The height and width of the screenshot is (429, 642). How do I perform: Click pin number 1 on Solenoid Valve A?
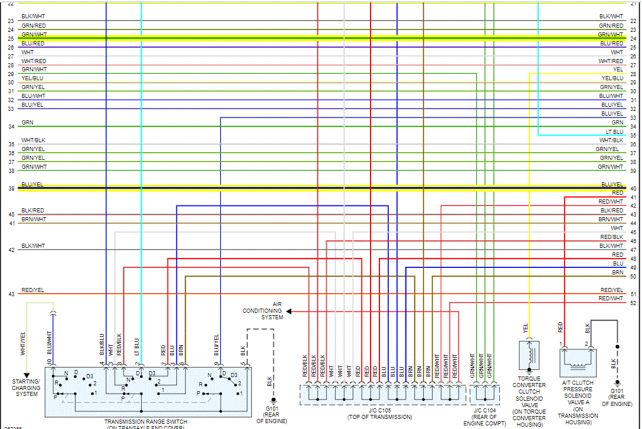click(x=560, y=343)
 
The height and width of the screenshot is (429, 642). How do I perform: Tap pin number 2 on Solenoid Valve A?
click(x=587, y=343)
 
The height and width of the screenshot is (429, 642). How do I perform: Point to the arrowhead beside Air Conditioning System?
click(x=289, y=311)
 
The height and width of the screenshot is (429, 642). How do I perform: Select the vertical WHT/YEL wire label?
click(x=24, y=343)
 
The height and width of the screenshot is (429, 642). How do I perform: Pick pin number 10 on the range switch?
click(x=50, y=362)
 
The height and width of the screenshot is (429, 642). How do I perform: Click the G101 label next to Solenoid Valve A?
click(x=617, y=394)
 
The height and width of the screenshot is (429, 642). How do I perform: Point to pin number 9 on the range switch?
click(x=217, y=364)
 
